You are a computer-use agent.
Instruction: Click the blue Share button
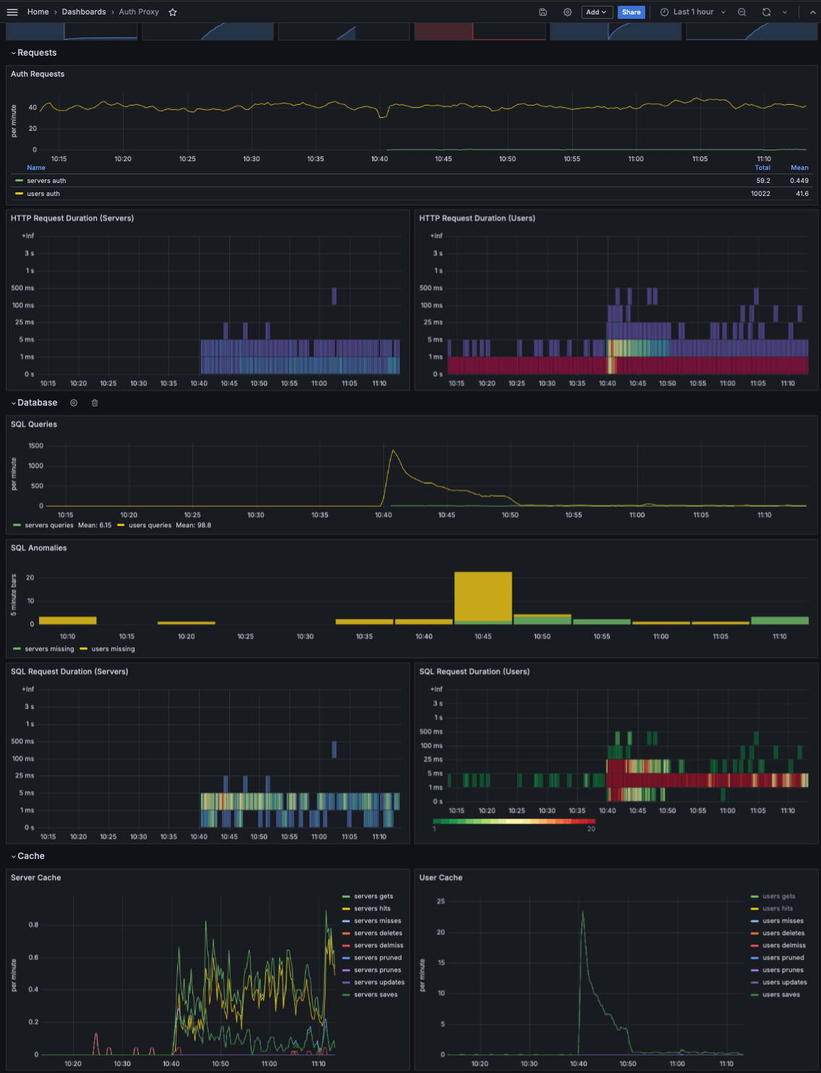point(631,12)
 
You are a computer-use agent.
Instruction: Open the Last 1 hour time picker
point(692,12)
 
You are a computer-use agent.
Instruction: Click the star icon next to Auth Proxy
point(172,12)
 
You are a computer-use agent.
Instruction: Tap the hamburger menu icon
point(12,12)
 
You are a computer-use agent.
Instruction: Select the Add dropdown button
point(597,12)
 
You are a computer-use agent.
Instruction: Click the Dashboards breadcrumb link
point(84,12)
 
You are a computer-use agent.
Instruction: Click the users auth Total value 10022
point(761,194)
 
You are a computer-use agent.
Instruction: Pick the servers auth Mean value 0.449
point(799,181)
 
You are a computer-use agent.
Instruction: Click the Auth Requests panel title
point(38,74)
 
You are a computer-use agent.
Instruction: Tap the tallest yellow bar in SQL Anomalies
point(482,597)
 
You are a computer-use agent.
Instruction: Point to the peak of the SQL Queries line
point(393,450)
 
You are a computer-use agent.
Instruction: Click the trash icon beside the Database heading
point(95,403)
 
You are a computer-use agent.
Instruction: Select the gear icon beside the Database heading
point(74,403)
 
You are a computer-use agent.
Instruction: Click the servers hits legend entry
point(372,909)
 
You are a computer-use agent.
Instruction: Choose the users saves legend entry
point(781,995)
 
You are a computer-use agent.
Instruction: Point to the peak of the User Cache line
point(582,912)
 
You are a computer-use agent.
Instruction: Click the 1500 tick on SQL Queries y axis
point(36,446)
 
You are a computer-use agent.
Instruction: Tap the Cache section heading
point(31,856)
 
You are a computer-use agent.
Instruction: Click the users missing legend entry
point(113,649)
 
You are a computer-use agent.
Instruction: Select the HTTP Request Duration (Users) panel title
point(477,218)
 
